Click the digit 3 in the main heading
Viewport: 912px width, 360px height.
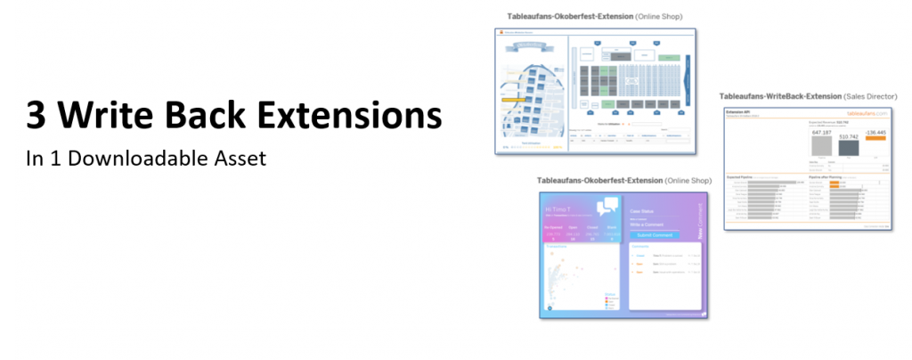pos(37,118)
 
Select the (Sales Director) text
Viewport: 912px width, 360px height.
pos(869,95)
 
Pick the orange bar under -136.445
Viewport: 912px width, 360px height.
pos(876,138)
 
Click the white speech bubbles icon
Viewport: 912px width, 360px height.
pos(607,207)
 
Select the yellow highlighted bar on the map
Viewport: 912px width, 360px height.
pos(521,101)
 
